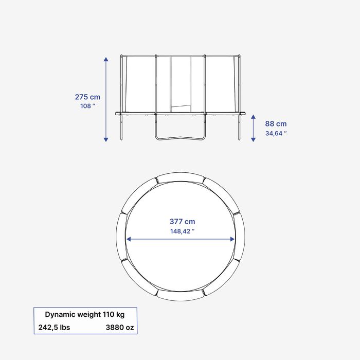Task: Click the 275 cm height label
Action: pyautogui.click(x=87, y=97)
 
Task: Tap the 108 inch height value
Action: pyautogui.click(x=87, y=106)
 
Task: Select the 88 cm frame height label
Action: pyautogui.click(x=276, y=124)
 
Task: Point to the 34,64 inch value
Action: pyautogui.click(x=276, y=133)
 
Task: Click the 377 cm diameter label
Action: pyautogui.click(x=182, y=222)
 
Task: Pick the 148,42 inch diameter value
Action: pyautogui.click(x=182, y=231)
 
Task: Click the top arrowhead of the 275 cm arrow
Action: pyautogui.click(x=106, y=59)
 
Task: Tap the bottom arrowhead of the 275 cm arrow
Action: pyautogui.click(x=106, y=139)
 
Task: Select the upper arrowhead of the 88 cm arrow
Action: pyautogui.click(x=253, y=117)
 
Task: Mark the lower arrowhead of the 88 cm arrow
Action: pyautogui.click(x=253, y=139)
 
